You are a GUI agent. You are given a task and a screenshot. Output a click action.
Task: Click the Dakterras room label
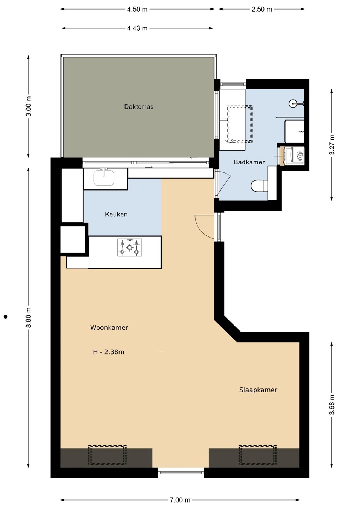pos(139,107)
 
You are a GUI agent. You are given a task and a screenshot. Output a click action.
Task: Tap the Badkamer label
pos(249,162)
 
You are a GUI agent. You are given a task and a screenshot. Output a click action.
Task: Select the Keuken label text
pos(116,214)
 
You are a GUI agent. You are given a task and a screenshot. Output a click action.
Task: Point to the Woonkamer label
pos(109,327)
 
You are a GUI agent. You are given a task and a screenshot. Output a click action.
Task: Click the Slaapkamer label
pos(258,390)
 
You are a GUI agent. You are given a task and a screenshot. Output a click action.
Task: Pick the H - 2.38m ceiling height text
pos(109,352)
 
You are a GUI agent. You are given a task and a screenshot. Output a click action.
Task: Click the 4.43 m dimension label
pos(137,28)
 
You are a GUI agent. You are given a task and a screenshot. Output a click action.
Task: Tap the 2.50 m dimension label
pos(262,9)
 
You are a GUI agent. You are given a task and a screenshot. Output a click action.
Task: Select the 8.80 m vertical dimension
pos(28,317)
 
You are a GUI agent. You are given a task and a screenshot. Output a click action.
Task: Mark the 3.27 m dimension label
pos(332,145)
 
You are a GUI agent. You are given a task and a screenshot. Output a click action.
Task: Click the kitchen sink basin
pos(104,177)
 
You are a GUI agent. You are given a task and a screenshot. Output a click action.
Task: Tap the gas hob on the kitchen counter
pos(129,247)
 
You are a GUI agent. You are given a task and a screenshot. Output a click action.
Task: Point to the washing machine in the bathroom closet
pos(294,156)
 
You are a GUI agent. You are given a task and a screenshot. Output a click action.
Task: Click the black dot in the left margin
pos(6,317)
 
